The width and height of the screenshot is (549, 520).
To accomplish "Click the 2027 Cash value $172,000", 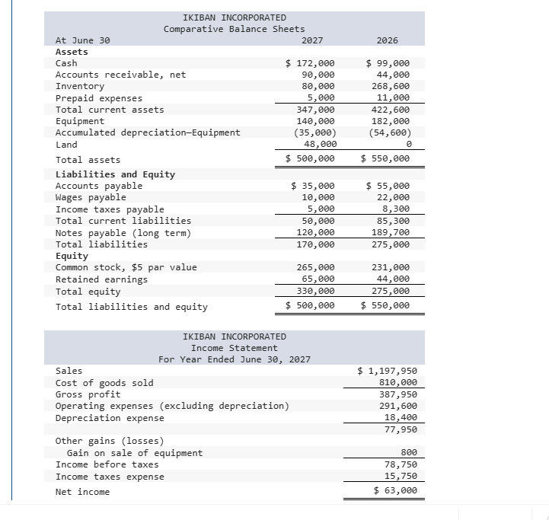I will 309,63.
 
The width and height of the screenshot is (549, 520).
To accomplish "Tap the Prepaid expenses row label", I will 99,98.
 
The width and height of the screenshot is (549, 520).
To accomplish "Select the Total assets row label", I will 88,160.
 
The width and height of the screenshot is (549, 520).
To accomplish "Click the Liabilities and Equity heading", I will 115,174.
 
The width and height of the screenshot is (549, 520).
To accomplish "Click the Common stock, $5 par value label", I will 126,267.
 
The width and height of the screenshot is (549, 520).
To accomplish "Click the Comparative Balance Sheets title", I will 235,29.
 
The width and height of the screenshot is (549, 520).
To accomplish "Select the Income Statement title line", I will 235,348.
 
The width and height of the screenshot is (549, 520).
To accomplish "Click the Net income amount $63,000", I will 395,491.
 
